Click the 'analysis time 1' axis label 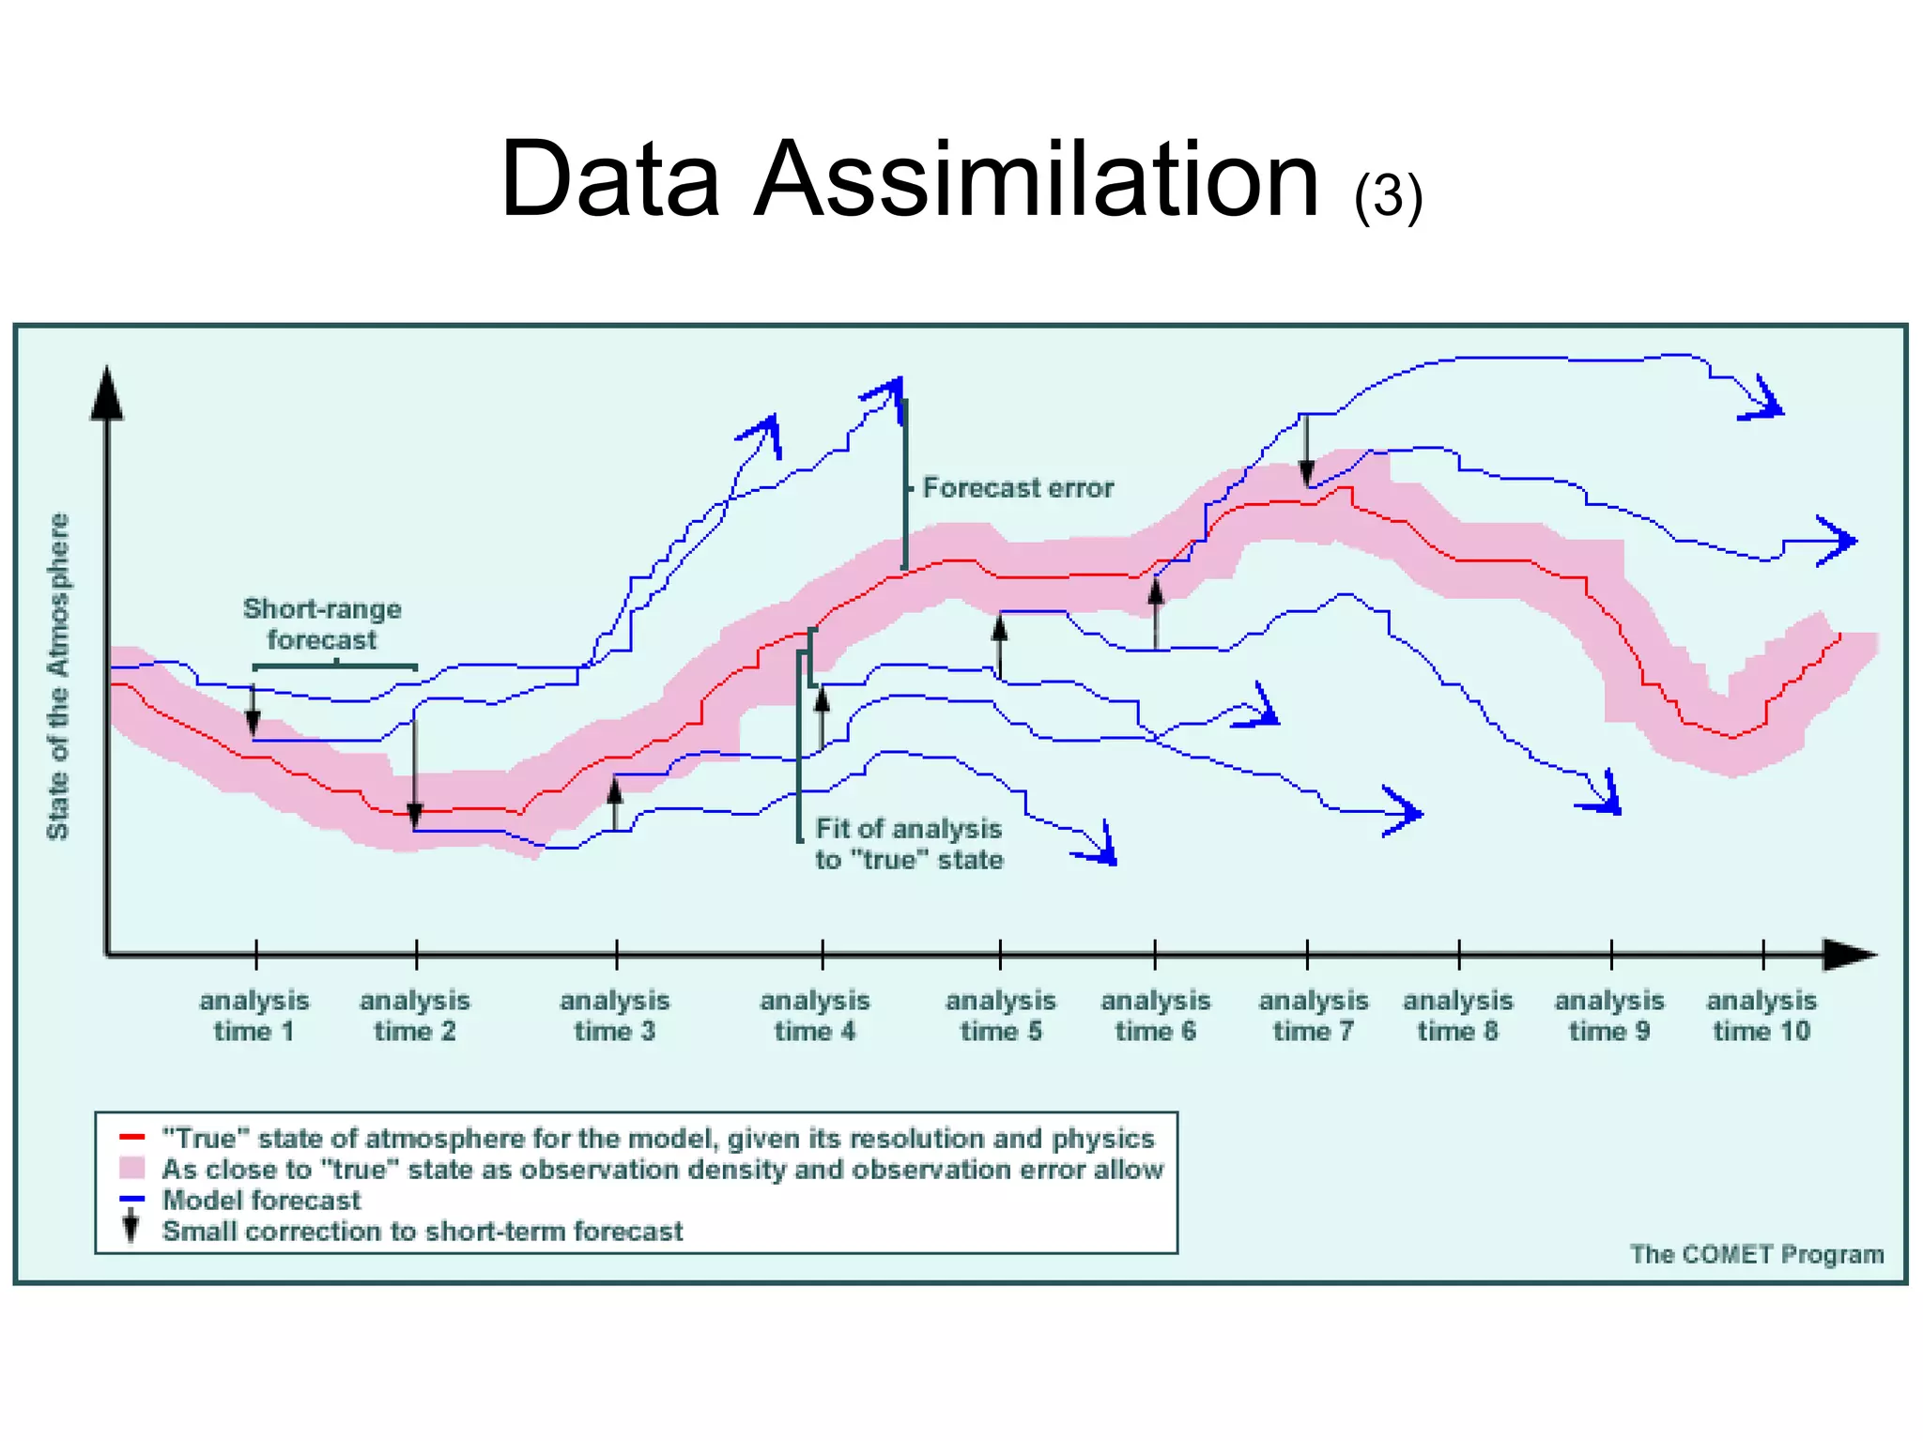tap(254, 1016)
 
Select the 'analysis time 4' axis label tap(815, 1016)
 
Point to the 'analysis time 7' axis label tap(1314, 1016)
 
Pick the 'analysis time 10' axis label tap(1761, 1016)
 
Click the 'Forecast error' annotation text tap(1018, 488)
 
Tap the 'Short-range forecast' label tap(322, 624)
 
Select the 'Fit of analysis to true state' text tap(909, 844)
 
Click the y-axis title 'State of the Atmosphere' tap(58, 676)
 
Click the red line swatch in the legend tap(132, 1138)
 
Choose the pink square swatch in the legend tap(132, 1169)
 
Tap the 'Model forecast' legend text tap(261, 1200)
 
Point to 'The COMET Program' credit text tap(1756, 1254)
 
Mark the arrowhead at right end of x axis tap(1848, 955)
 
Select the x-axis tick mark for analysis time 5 tap(1000, 955)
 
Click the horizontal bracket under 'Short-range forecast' tap(335, 667)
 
